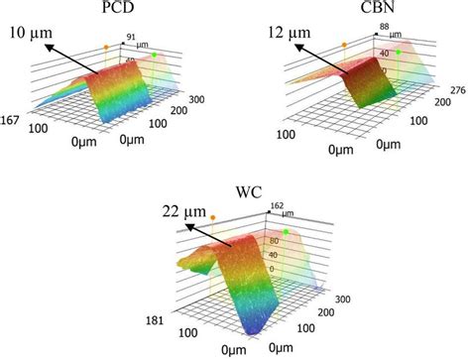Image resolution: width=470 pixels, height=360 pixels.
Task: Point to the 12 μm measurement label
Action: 289,35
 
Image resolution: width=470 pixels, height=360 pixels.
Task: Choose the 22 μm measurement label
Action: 185,210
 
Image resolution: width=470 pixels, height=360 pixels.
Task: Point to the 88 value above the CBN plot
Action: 384,27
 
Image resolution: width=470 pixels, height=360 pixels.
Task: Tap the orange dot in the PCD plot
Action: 105,47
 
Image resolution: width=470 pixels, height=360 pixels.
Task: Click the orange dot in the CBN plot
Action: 344,45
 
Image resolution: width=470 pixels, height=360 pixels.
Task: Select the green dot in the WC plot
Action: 287,232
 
